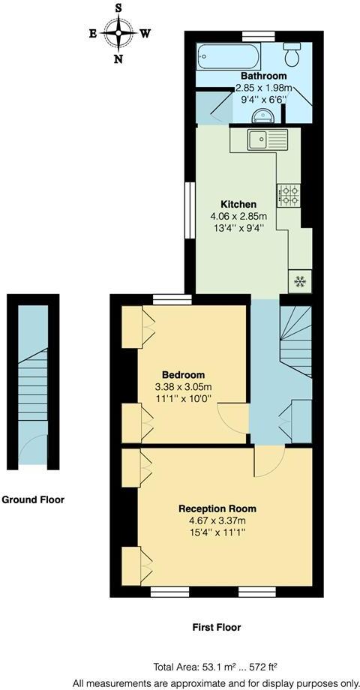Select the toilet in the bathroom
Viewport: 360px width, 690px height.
coord(292,53)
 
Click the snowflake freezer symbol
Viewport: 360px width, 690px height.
coord(300,281)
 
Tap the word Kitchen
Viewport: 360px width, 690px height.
coord(238,204)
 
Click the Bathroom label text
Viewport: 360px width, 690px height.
coord(263,76)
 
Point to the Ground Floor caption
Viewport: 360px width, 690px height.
coord(33,499)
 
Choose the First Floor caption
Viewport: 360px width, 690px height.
coord(216,627)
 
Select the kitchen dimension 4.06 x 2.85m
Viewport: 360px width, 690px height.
coord(238,217)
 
